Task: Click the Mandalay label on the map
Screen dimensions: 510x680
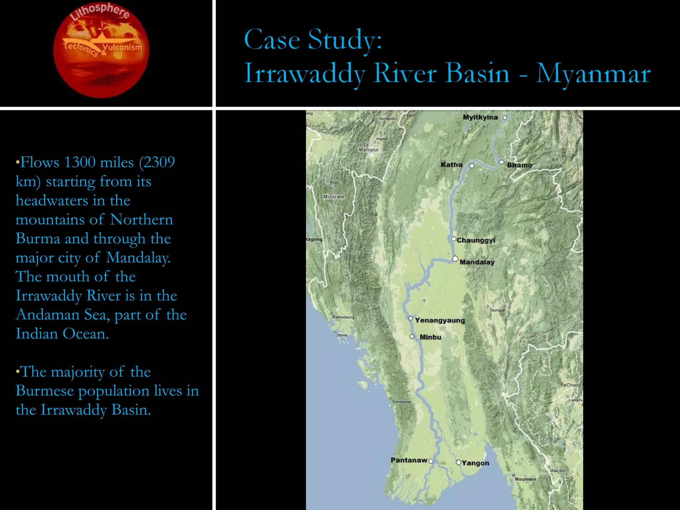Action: pyautogui.click(x=477, y=262)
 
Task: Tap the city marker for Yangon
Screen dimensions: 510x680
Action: pyautogui.click(x=458, y=462)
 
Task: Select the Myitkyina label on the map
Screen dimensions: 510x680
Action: pyautogui.click(x=480, y=117)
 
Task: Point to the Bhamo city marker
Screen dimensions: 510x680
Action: pyautogui.click(x=501, y=162)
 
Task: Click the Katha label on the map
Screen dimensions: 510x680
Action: pyautogui.click(x=451, y=165)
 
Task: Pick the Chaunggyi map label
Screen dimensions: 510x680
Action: pyautogui.click(x=476, y=240)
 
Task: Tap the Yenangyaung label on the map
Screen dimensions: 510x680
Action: pyautogui.click(x=440, y=320)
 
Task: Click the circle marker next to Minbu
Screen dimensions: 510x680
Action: pyautogui.click(x=412, y=336)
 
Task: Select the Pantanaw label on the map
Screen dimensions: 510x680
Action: pyautogui.click(x=409, y=460)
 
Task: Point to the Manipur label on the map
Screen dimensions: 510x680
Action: pyautogui.click(x=369, y=150)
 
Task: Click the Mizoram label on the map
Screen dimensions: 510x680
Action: pyautogui.click(x=334, y=197)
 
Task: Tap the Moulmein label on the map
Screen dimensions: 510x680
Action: pyautogui.click(x=525, y=479)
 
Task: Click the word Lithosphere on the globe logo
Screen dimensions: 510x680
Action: pyautogui.click(x=100, y=12)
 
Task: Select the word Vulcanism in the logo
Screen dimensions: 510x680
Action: pyautogui.click(x=122, y=47)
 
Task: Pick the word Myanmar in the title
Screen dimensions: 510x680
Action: pyautogui.click(x=593, y=74)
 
